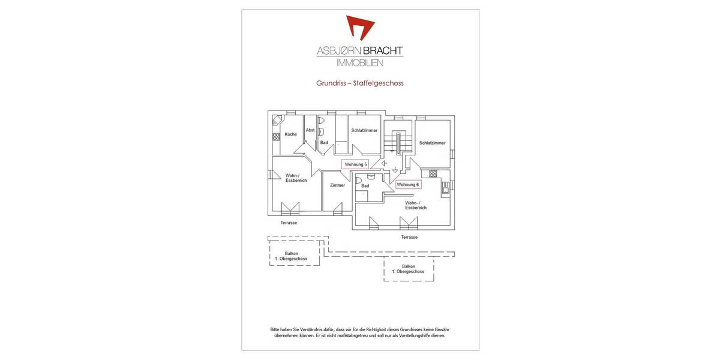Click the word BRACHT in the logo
(383, 50)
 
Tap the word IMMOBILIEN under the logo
(360, 62)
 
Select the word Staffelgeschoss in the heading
(379, 83)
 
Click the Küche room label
(290, 134)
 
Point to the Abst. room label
(310, 130)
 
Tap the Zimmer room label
(337, 185)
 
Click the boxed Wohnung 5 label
(355, 164)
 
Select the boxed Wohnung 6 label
(408, 185)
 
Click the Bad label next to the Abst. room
(324, 142)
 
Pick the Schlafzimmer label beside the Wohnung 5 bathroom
(364, 130)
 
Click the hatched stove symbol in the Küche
(276, 137)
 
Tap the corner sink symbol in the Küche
(277, 120)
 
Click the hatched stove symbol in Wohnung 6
(433, 173)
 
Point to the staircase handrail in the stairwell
(398, 143)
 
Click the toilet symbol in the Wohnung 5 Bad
(320, 121)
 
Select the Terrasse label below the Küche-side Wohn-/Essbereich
(289, 223)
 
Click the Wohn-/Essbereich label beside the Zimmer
(296, 178)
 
